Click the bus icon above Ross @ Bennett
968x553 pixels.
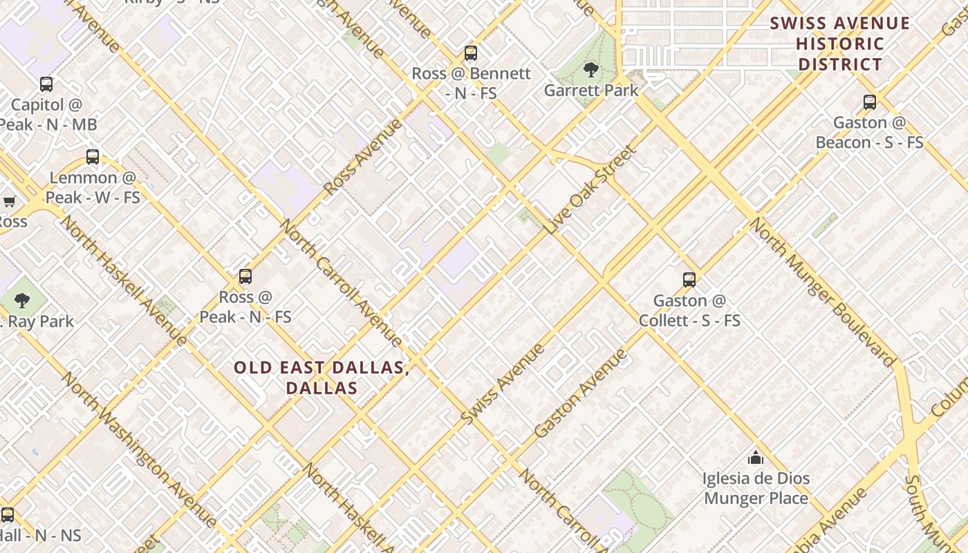471,53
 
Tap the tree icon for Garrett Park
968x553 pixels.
590,69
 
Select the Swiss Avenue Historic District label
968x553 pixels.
839,44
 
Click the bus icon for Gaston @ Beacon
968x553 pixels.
870,102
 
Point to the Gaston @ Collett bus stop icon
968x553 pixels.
689,280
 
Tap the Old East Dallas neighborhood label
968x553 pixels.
322,377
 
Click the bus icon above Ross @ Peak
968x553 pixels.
245,276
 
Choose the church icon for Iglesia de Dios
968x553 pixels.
756,458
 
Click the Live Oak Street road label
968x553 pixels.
590,189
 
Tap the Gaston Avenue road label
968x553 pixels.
581,393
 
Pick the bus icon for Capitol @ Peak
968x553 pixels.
46,84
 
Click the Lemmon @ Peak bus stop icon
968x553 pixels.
93,157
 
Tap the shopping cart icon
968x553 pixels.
9,202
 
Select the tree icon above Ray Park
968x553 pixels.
22,301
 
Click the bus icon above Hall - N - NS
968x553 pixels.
8,515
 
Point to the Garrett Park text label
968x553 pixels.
591,91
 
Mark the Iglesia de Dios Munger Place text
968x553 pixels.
756,488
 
